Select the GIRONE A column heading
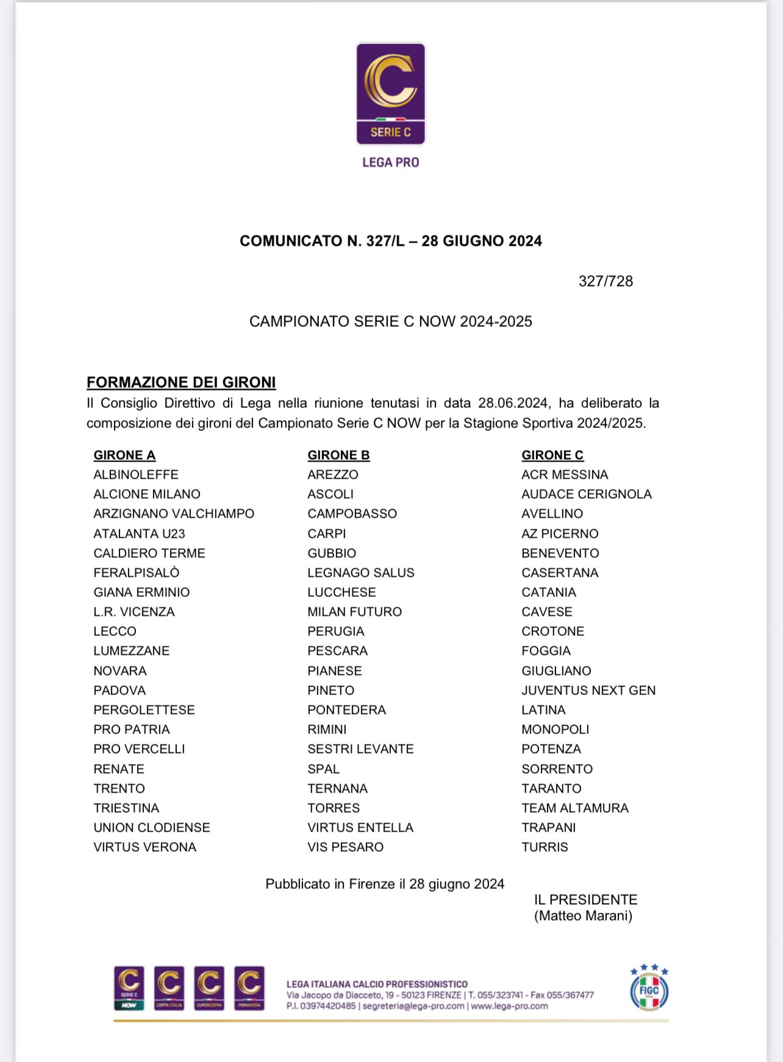[x=124, y=455]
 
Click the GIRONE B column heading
[x=338, y=455]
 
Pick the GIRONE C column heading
[x=552, y=455]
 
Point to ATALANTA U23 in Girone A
[x=139, y=533]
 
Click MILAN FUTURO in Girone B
[x=354, y=611]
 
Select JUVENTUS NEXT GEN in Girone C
[x=588, y=690]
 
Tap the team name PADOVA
[x=120, y=690]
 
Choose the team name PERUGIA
[x=335, y=631]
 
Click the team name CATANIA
[x=548, y=592]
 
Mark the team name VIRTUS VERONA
[x=145, y=847]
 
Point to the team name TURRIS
[x=545, y=847]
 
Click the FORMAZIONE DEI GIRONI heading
[x=181, y=382]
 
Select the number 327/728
[x=606, y=281]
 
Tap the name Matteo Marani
[x=583, y=916]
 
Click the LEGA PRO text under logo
[x=390, y=162]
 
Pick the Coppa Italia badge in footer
[x=169, y=988]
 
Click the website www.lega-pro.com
[x=509, y=1006]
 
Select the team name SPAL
[x=323, y=769]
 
